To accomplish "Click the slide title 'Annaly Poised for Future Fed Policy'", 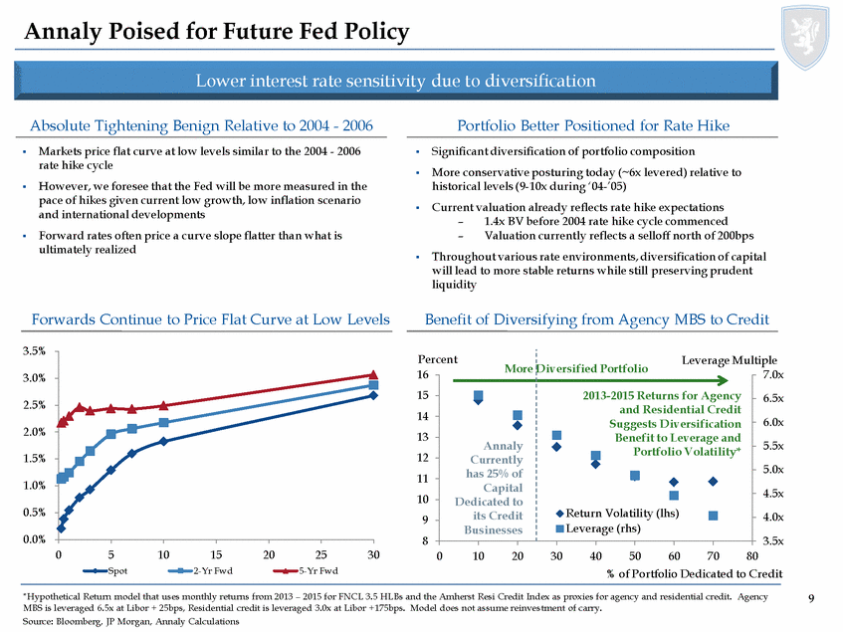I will [x=217, y=32].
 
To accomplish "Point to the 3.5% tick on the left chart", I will [x=30, y=350].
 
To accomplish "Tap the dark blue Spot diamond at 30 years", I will [x=373, y=395].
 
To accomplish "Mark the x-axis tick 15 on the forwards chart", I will [x=216, y=553].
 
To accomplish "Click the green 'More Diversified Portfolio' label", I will [x=576, y=367].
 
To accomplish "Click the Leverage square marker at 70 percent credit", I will [x=713, y=516].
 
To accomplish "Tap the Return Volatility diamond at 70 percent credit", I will [x=713, y=482].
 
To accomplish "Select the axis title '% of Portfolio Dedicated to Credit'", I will [x=695, y=574].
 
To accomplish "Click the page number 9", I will [x=812, y=598].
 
